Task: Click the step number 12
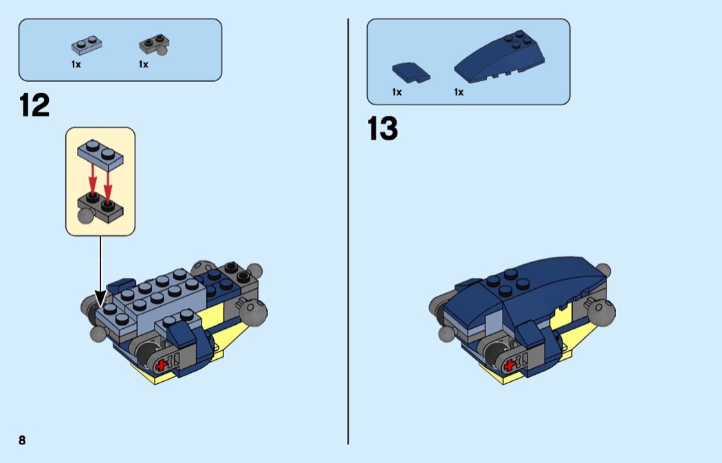34,105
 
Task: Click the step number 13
382,129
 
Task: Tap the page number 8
22,440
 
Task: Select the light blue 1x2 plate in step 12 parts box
87,45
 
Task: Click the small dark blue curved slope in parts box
411,73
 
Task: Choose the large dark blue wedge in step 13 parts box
500,56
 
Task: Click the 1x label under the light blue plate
76,65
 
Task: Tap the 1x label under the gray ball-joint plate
144,65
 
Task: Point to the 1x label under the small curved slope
397,92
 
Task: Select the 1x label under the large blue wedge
459,92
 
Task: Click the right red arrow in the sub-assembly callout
108,186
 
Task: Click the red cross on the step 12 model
161,365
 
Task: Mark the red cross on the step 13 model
510,365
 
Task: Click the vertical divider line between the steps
348,231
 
